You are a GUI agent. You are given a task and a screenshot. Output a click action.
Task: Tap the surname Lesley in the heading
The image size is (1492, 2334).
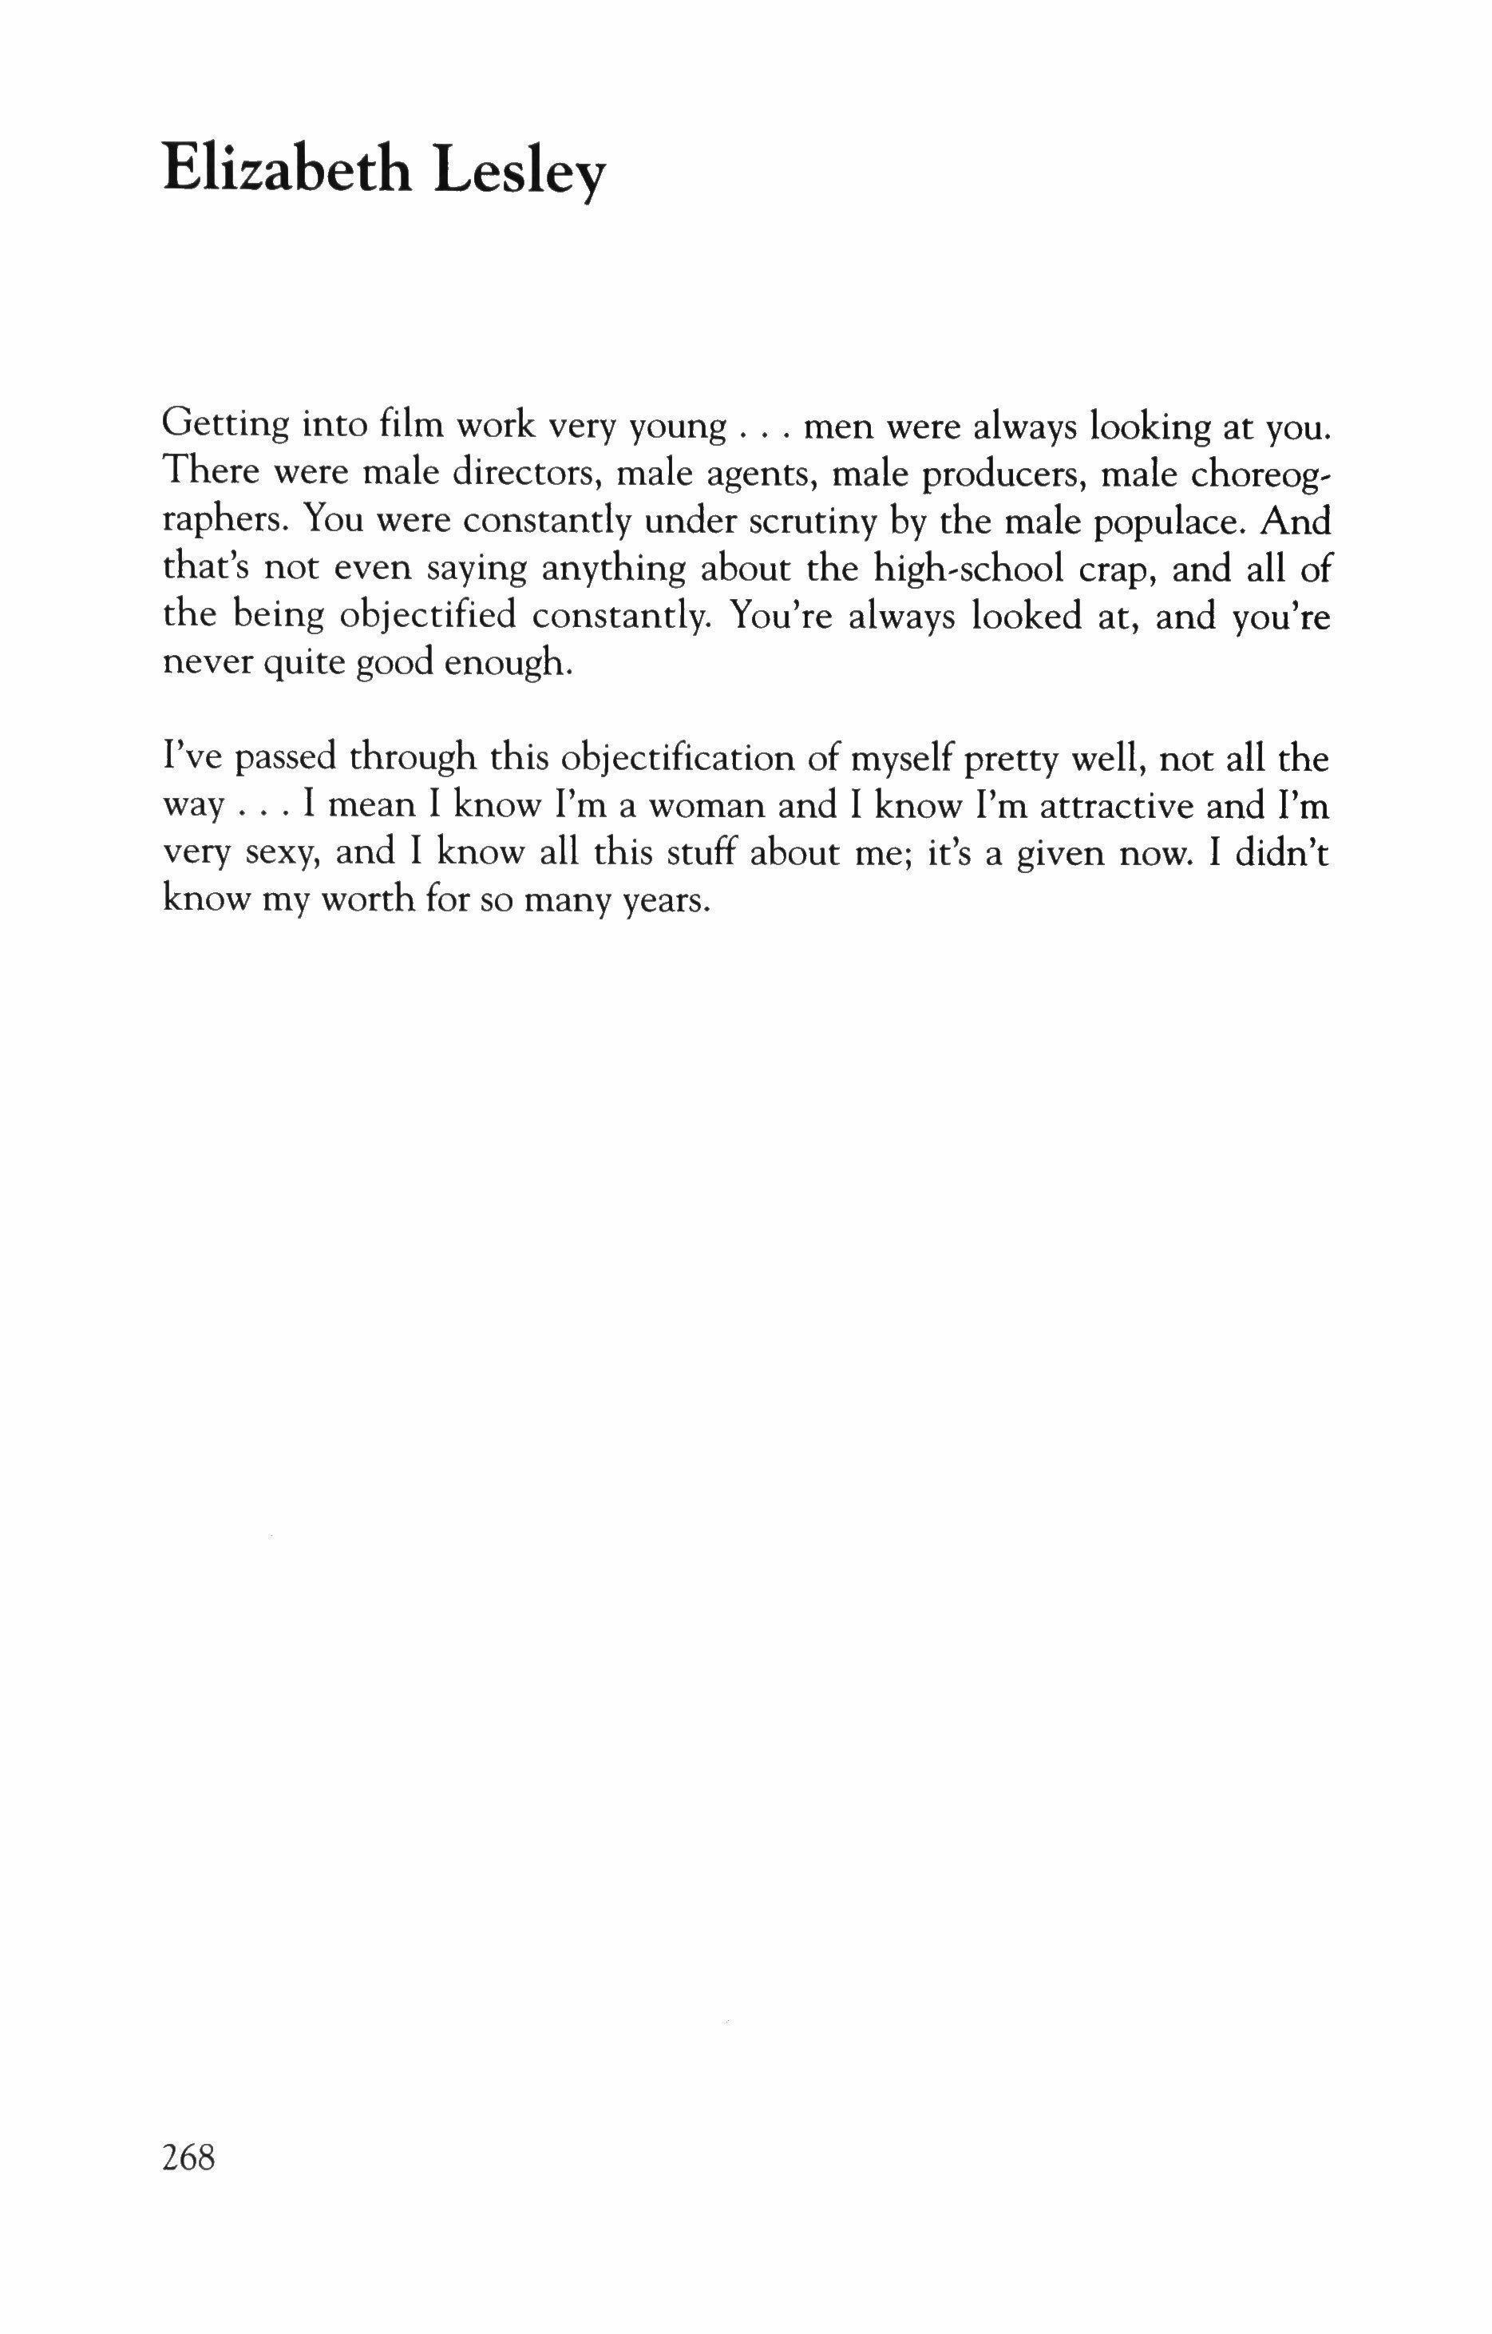[x=518, y=174]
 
